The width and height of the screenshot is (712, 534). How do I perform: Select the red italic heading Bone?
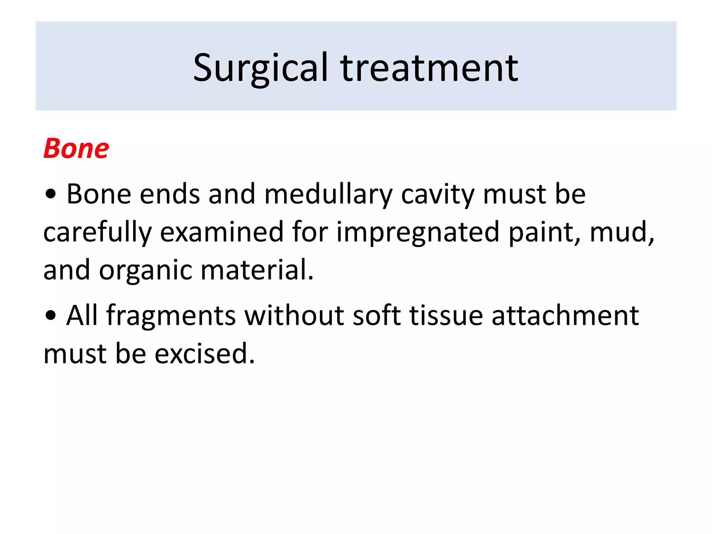tap(76, 149)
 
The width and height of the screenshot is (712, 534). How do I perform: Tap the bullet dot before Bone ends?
tap(51, 195)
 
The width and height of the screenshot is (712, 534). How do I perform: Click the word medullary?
tap(328, 195)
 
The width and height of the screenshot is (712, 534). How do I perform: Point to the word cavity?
tap(438, 195)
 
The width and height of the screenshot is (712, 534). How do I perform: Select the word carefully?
tap(98, 233)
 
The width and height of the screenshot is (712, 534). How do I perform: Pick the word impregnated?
tap(418, 233)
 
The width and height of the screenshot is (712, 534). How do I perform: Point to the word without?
tap(294, 315)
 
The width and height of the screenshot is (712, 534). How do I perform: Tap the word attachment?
tap(565, 315)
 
